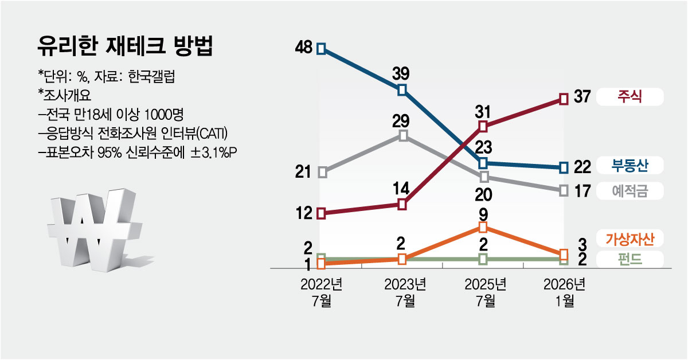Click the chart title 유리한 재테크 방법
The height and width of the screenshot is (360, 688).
click(x=124, y=47)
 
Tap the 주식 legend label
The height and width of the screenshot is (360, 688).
click(x=630, y=97)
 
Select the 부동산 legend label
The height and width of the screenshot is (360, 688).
click(x=630, y=166)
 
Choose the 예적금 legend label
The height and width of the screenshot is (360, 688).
click(x=630, y=190)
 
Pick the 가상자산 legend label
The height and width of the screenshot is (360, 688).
click(x=630, y=237)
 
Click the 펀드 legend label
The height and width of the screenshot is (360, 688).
click(x=630, y=260)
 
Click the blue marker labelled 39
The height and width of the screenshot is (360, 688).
click(x=402, y=89)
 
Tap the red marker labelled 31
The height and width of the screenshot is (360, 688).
click(x=483, y=126)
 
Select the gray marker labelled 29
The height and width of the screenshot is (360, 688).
click(x=402, y=136)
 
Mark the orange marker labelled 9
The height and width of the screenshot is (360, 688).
click(x=483, y=228)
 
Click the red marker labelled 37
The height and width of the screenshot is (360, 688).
click(x=564, y=99)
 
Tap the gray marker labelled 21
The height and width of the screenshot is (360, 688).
click(x=322, y=172)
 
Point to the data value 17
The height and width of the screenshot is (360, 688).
click(x=582, y=191)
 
